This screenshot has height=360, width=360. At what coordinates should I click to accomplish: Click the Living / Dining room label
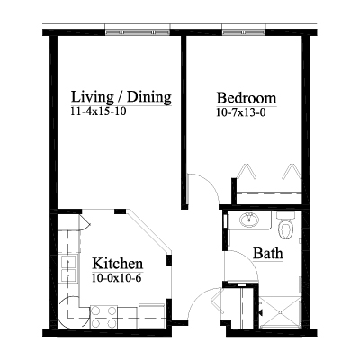click(x=121, y=97)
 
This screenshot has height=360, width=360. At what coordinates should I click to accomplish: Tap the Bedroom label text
click(x=247, y=98)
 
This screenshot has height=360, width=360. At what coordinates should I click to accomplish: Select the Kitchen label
click(x=117, y=264)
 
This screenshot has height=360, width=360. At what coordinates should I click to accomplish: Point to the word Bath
click(x=268, y=253)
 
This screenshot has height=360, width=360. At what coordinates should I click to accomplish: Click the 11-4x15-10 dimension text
click(x=98, y=112)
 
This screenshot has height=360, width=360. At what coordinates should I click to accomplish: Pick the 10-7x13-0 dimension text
click(x=241, y=112)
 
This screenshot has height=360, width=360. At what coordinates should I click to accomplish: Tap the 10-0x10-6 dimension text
click(x=117, y=278)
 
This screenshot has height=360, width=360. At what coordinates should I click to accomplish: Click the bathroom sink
click(x=249, y=220)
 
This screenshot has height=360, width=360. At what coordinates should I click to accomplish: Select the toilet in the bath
click(x=285, y=225)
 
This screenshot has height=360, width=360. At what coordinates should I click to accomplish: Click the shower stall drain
click(x=280, y=312)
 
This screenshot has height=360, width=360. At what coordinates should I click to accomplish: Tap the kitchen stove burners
click(x=103, y=317)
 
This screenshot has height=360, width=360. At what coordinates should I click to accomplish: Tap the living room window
click(x=138, y=32)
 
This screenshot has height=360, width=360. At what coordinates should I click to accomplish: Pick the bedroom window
click(x=244, y=32)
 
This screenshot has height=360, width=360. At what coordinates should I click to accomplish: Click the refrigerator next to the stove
click(x=152, y=316)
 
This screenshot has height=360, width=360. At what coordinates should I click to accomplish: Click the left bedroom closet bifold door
click(x=247, y=172)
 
